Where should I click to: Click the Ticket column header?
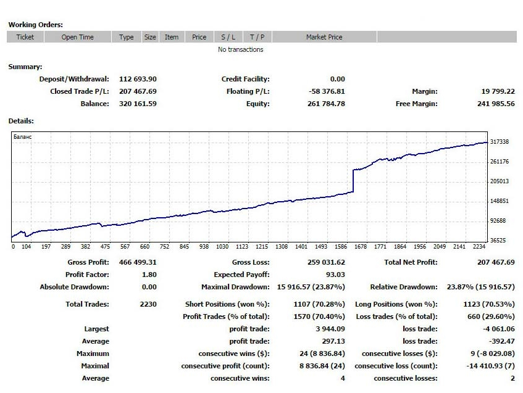coord(25,37)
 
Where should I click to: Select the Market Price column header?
coord(324,37)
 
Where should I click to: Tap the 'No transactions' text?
coord(240,49)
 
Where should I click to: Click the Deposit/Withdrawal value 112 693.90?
coord(137,79)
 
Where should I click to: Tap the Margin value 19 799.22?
coord(498,91)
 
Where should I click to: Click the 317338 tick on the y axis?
coord(499,142)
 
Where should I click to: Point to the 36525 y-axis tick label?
coord(498,241)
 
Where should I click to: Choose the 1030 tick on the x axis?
coord(222,247)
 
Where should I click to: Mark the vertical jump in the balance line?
coord(353,181)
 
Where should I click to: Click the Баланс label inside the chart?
coord(22,136)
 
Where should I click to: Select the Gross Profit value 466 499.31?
coord(137,262)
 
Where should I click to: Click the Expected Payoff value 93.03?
coord(335,275)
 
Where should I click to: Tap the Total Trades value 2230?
coord(148,304)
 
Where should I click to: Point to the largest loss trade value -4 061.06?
coord(498,329)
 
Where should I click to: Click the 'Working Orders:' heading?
coord(35,25)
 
